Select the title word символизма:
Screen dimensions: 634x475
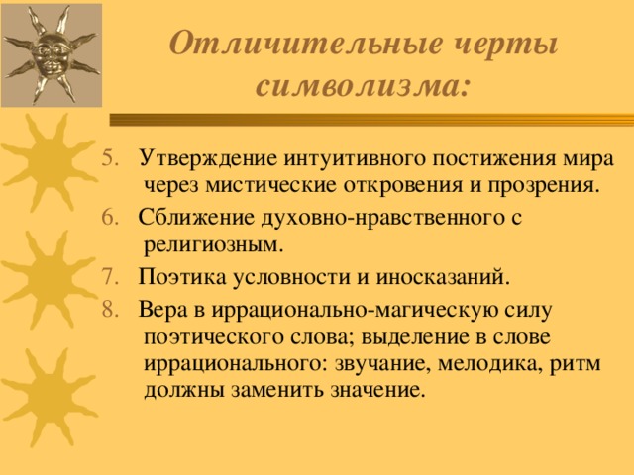(x=363, y=86)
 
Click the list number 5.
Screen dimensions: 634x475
(x=110, y=158)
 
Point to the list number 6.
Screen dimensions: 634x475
(x=110, y=218)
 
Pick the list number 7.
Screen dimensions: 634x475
(x=110, y=277)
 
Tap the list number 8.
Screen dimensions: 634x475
(x=110, y=310)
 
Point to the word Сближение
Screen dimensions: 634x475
(x=196, y=218)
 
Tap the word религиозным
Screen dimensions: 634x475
(x=214, y=245)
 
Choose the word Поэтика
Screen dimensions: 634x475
(x=182, y=277)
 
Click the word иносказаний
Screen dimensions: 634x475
(x=443, y=278)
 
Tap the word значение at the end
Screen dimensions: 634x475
(x=378, y=391)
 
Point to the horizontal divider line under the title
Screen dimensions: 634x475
(x=372, y=120)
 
